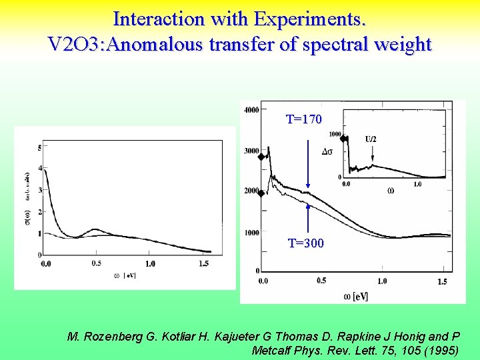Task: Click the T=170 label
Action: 304,119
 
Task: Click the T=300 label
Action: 305,243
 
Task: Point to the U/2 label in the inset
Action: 371,139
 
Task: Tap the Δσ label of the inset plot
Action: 328,151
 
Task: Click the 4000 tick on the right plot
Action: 252,110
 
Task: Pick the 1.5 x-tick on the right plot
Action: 442,282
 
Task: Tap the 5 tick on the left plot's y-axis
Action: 40,147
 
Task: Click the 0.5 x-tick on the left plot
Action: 97,264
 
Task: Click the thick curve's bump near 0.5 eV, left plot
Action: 97,231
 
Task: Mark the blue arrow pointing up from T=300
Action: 308,220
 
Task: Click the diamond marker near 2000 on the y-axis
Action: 261,194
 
